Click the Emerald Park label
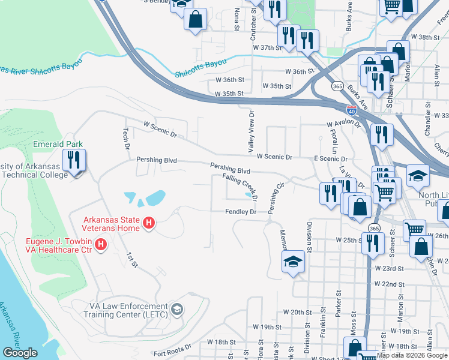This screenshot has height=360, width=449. click(58, 144)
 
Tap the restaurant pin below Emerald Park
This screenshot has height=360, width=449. click(74, 161)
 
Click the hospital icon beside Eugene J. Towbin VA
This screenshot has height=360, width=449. click(101, 245)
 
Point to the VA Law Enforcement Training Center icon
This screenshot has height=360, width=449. click(177, 310)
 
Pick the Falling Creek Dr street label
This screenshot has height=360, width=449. click(240, 187)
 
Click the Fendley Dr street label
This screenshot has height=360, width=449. click(241, 212)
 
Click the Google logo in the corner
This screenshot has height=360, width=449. click(20, 353)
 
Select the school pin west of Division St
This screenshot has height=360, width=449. click(292, 262)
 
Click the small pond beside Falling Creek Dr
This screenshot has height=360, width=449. click(249, 194)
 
